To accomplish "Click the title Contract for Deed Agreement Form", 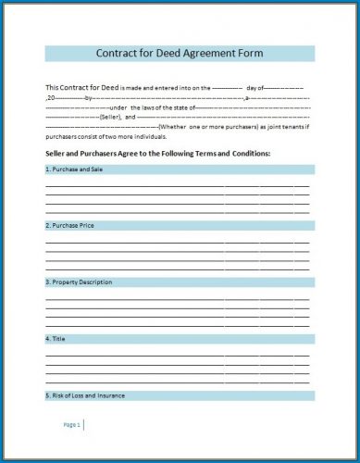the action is pos(180,54).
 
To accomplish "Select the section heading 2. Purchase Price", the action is pos(69,225).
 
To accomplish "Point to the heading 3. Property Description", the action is pos(79,282).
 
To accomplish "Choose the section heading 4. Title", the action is pos(55,338).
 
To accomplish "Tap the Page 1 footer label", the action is pos(72,424).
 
